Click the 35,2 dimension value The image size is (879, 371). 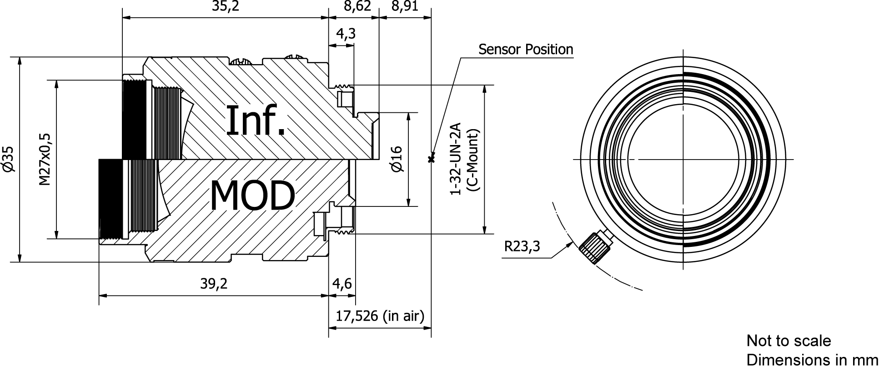pyautogui.click(x=225, y=6)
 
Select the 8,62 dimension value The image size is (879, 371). pyautogui.click(x=357, y=6)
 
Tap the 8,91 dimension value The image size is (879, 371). pyautogui.click(x=404, y=6)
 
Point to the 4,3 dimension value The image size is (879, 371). pyautogui.click(x=346, y=34)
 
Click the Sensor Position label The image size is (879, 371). pyautogui.click(x=526, y=49)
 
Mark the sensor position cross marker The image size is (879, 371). pyautogui.click(x=431, y=159)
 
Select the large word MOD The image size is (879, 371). pyautogui.click(x=252, y=196)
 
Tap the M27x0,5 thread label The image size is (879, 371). pyautogui.click(x=44, y=159)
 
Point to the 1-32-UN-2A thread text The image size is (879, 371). pyautogui.click(x=456, y=159)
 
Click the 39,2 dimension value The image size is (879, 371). pyautogui.click(x=214, y=284)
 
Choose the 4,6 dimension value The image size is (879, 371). pyautogui.click(x=342, y=284)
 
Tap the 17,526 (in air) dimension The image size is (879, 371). pyautogui.click(x=380, y=316)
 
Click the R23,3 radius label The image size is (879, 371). pyautogui.click(x=522, y=246)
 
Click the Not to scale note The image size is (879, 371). pyautogui.click(x=789, y=341)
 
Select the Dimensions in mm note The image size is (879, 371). pyautogui.click(x=812, y=360)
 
